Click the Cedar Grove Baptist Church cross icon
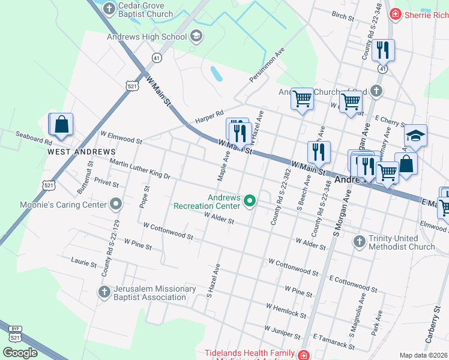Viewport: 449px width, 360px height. click(x=109, y=8)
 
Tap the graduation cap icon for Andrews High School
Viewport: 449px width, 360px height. click(x=196, y=37)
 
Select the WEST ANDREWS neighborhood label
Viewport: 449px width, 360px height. click(x=81, y=152)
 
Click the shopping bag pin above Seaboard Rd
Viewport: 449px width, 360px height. click(x=61, y=124)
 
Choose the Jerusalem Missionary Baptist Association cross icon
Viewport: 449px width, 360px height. click(x=104, y=292)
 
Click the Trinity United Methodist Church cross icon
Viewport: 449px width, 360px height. click(x=360, y=242)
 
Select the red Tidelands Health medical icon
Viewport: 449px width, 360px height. click(x=304, y=355)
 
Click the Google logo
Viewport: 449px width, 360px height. click(x=20, y=353)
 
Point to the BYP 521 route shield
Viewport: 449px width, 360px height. click(x=16, y=333)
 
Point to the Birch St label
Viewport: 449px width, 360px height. click(x=343, y=14)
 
